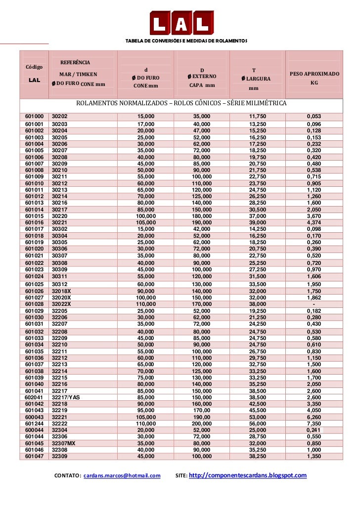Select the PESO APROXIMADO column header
pyautogui.click(x=315, y=74)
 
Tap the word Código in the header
pyautogui.click(x=33, y=67)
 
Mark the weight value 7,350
pyautogui.click(x=314, y=424)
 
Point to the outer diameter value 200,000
pyautogui.click(x=202, y=424)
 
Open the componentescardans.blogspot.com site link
pyautogui.click(x=248, y=475)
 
